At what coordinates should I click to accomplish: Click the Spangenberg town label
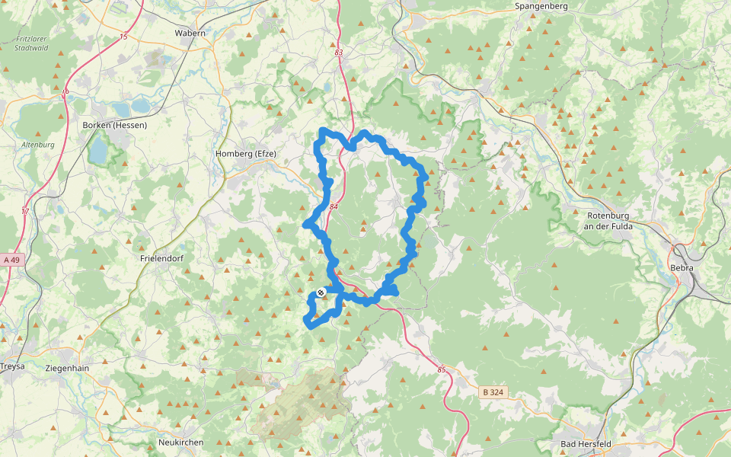(542, 6)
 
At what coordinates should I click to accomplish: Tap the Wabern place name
(190, 33)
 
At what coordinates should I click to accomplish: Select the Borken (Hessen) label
(114, 125)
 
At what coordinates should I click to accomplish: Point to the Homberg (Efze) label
(246, 154)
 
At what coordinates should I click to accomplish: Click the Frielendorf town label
(163, 258)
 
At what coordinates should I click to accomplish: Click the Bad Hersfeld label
(587, 444)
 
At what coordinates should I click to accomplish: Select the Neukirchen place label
(180, 443)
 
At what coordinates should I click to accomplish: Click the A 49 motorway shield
(11, 260)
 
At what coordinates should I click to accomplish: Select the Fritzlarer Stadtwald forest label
(31, 43)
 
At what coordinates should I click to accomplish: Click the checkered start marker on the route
(321, 292)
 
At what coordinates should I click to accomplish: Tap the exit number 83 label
(338, 53)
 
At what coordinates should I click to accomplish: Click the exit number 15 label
(123, 36)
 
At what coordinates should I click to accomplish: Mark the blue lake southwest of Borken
(97, 152)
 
